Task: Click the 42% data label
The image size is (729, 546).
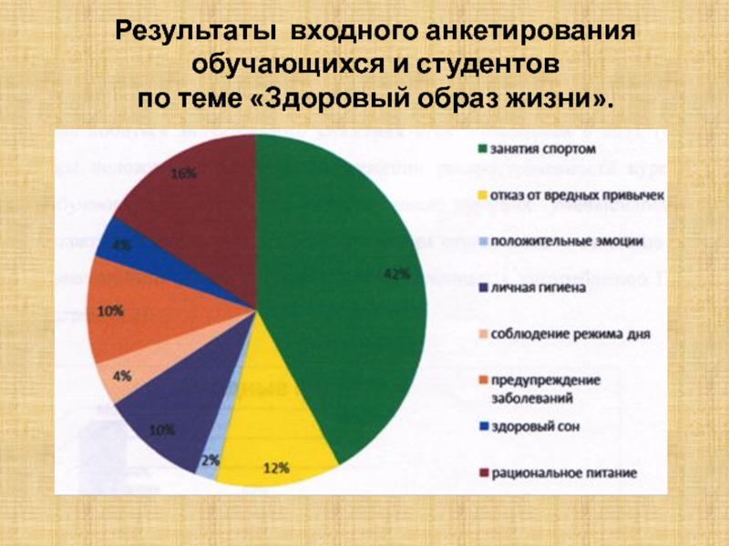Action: pyautogui.click(x=395, y=274)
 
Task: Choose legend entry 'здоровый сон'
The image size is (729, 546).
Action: pyautogui.click(x=533, y=426)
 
